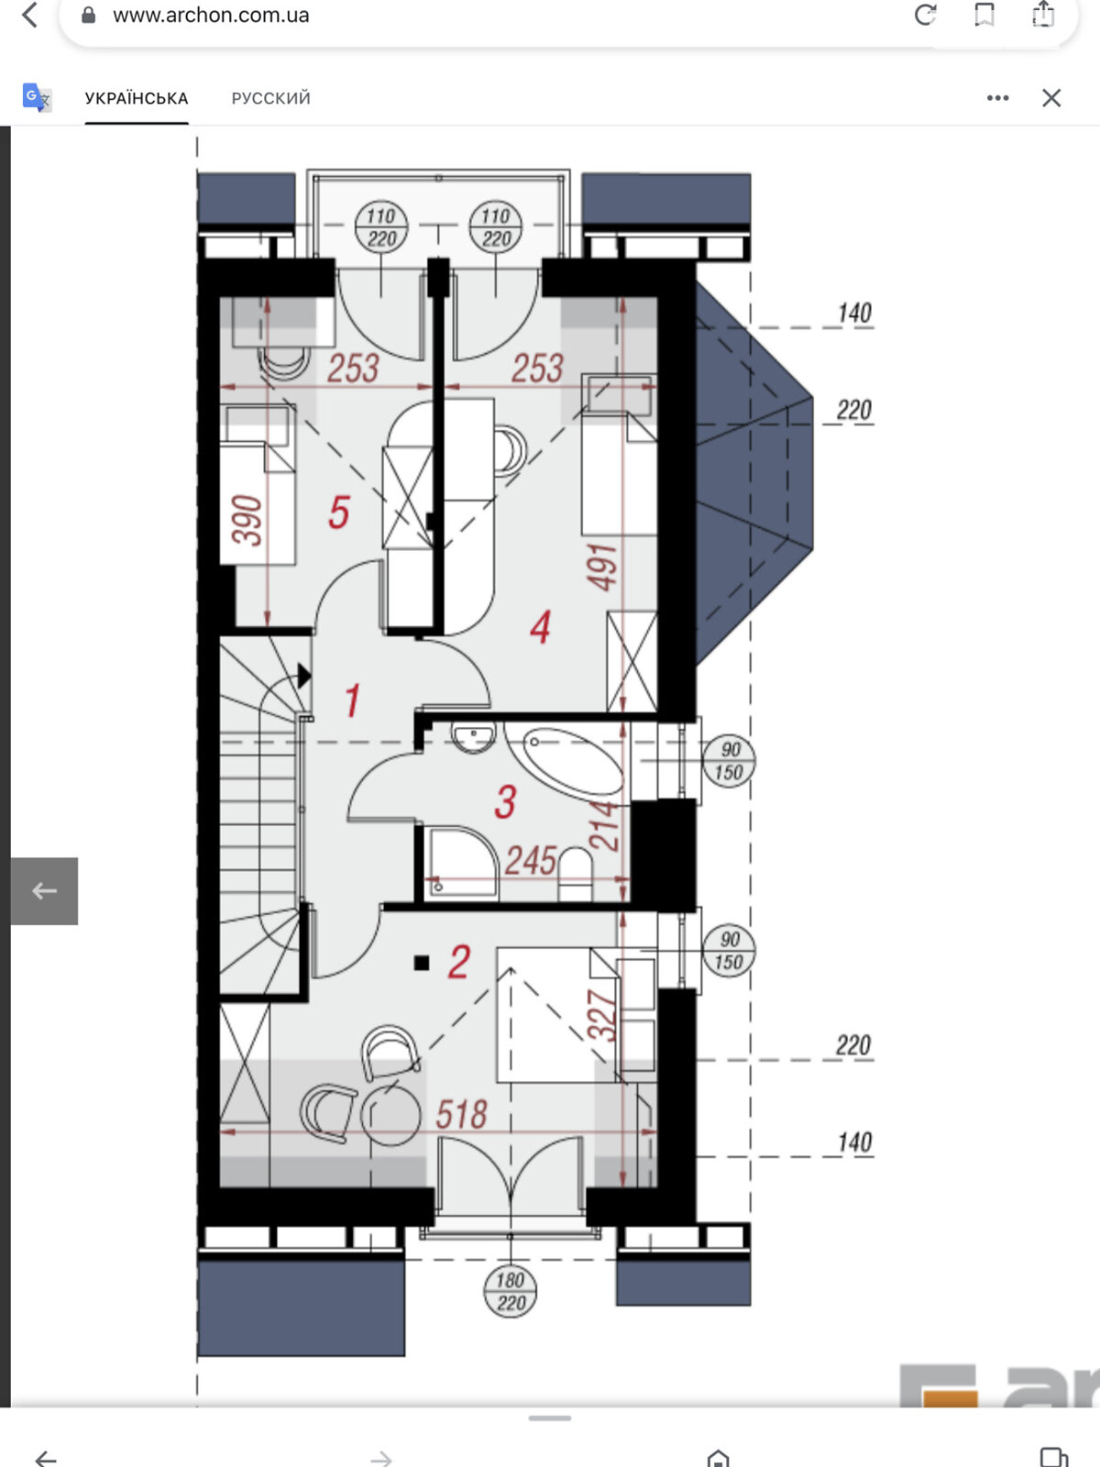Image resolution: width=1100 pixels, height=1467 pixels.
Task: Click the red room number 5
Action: point(338,513)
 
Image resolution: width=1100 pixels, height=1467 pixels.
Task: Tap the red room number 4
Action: point(540,627)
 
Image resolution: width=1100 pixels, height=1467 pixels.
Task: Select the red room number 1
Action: point(352,700)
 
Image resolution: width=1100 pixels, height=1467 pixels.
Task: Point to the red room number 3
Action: point(505,801)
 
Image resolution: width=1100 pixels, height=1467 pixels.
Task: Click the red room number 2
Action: point(459,963)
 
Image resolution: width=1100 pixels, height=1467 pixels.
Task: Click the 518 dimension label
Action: point(461,1114)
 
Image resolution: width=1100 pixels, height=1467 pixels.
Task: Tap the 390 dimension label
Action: point(247,520)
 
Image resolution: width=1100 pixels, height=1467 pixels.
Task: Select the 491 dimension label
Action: point(601,568)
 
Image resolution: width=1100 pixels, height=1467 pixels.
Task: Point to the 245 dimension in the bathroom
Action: point(531,860)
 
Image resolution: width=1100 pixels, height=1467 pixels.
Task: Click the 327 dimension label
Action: point(601,1015)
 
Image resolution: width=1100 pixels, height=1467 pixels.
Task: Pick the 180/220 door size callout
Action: point(510,1291)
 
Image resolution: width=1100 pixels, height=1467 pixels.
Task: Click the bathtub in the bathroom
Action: point(573,761)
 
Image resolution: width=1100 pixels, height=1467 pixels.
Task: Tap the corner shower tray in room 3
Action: point(461,862)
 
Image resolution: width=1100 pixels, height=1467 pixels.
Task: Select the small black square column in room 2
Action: point(422,963)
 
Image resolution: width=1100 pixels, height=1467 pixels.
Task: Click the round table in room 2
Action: point(390,1115)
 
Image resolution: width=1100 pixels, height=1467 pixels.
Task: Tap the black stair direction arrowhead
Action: point(304,676)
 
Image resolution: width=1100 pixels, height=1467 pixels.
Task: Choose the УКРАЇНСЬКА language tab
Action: point(137,98)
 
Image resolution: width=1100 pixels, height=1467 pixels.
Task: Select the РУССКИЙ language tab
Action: point(270,98)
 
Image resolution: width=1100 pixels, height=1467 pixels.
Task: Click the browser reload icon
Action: point(925,15)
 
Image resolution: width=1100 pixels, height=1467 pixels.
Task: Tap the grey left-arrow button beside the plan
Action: point(44,891)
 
